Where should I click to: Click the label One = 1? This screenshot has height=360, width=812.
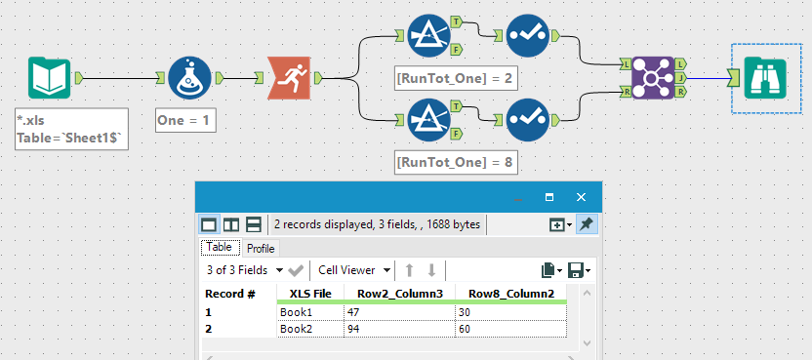click(185, 121)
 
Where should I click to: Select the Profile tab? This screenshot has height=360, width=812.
click(261, 249)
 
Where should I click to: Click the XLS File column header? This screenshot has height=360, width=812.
click(309, 293)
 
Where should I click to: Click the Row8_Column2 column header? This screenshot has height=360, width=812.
click(510, 293)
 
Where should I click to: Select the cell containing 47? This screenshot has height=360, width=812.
click(398, 312)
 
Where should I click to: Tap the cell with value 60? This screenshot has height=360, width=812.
click(509, 330)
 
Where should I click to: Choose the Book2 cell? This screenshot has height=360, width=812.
click(309, 330)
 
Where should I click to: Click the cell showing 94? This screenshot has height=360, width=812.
click(398, 330)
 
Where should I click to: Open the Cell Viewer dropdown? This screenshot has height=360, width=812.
click(354, 269)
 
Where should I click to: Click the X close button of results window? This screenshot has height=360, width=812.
click(581, 196)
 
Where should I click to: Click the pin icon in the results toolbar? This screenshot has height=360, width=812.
click(586, 224)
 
